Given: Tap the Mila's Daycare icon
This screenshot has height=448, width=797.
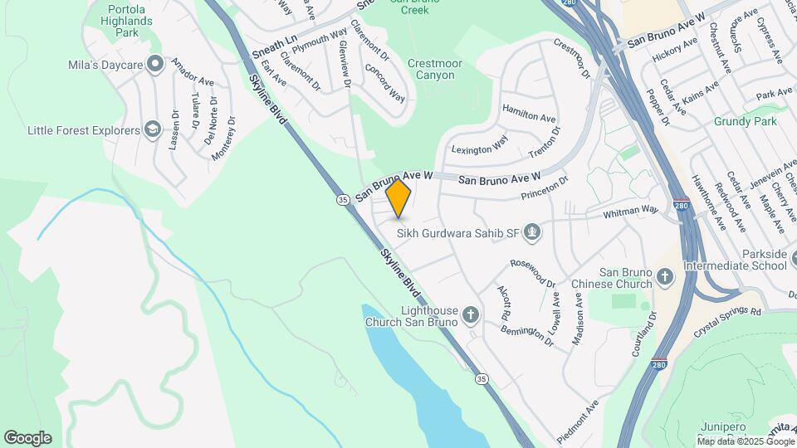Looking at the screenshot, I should tap(155, 64).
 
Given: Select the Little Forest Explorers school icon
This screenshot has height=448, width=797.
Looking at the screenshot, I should tap(152, 129).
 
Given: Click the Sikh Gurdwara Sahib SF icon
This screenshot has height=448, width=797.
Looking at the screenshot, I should tap(533, 232).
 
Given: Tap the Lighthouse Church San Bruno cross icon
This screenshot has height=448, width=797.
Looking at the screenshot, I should tap(471, 314).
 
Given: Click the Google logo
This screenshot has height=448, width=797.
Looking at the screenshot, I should tap(27, 438).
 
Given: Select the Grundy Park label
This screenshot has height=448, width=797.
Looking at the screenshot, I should tap(745, 121).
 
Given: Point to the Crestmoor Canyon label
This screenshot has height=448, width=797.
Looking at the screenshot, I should tap(432, 69).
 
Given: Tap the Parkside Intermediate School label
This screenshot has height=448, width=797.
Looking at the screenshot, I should tap(734, 260).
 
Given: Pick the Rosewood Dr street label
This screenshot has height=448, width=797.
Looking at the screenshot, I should tap(533, 272).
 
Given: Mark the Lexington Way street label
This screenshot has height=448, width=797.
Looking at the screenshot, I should tap(479, 145).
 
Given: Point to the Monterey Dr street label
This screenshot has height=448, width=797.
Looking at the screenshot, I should tap(222, 138).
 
